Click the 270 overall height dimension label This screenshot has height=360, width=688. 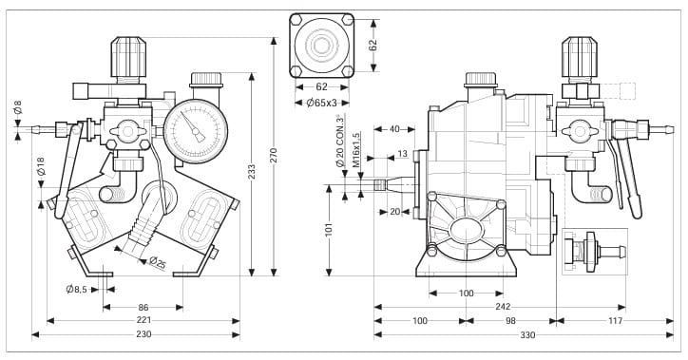click(274, 156)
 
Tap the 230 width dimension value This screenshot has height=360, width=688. click(143, 334)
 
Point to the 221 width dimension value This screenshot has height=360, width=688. click(143, 320)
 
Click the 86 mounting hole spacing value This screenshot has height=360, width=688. click(143, 307)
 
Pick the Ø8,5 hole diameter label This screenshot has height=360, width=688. click(76, 289)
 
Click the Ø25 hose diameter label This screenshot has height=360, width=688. click(158, 262)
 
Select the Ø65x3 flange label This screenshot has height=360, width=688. click(321, 103)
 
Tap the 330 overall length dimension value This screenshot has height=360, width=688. click(527, 335)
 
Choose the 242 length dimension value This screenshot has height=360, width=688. click(503, 307)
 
